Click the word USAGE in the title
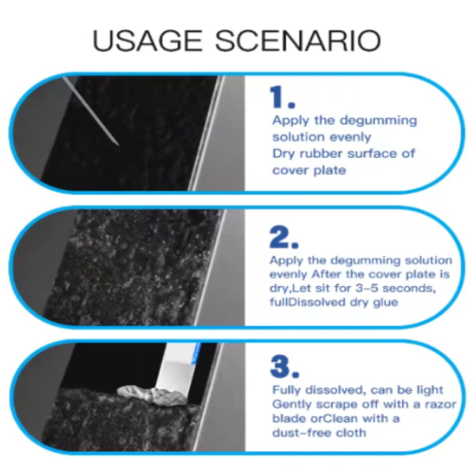147,41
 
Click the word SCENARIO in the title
298,41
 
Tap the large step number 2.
284,238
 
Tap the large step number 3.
284,367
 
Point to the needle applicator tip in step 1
118,145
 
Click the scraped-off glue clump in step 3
151,395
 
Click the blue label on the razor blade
196,353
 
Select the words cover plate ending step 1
309,170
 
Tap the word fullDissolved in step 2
307,302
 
